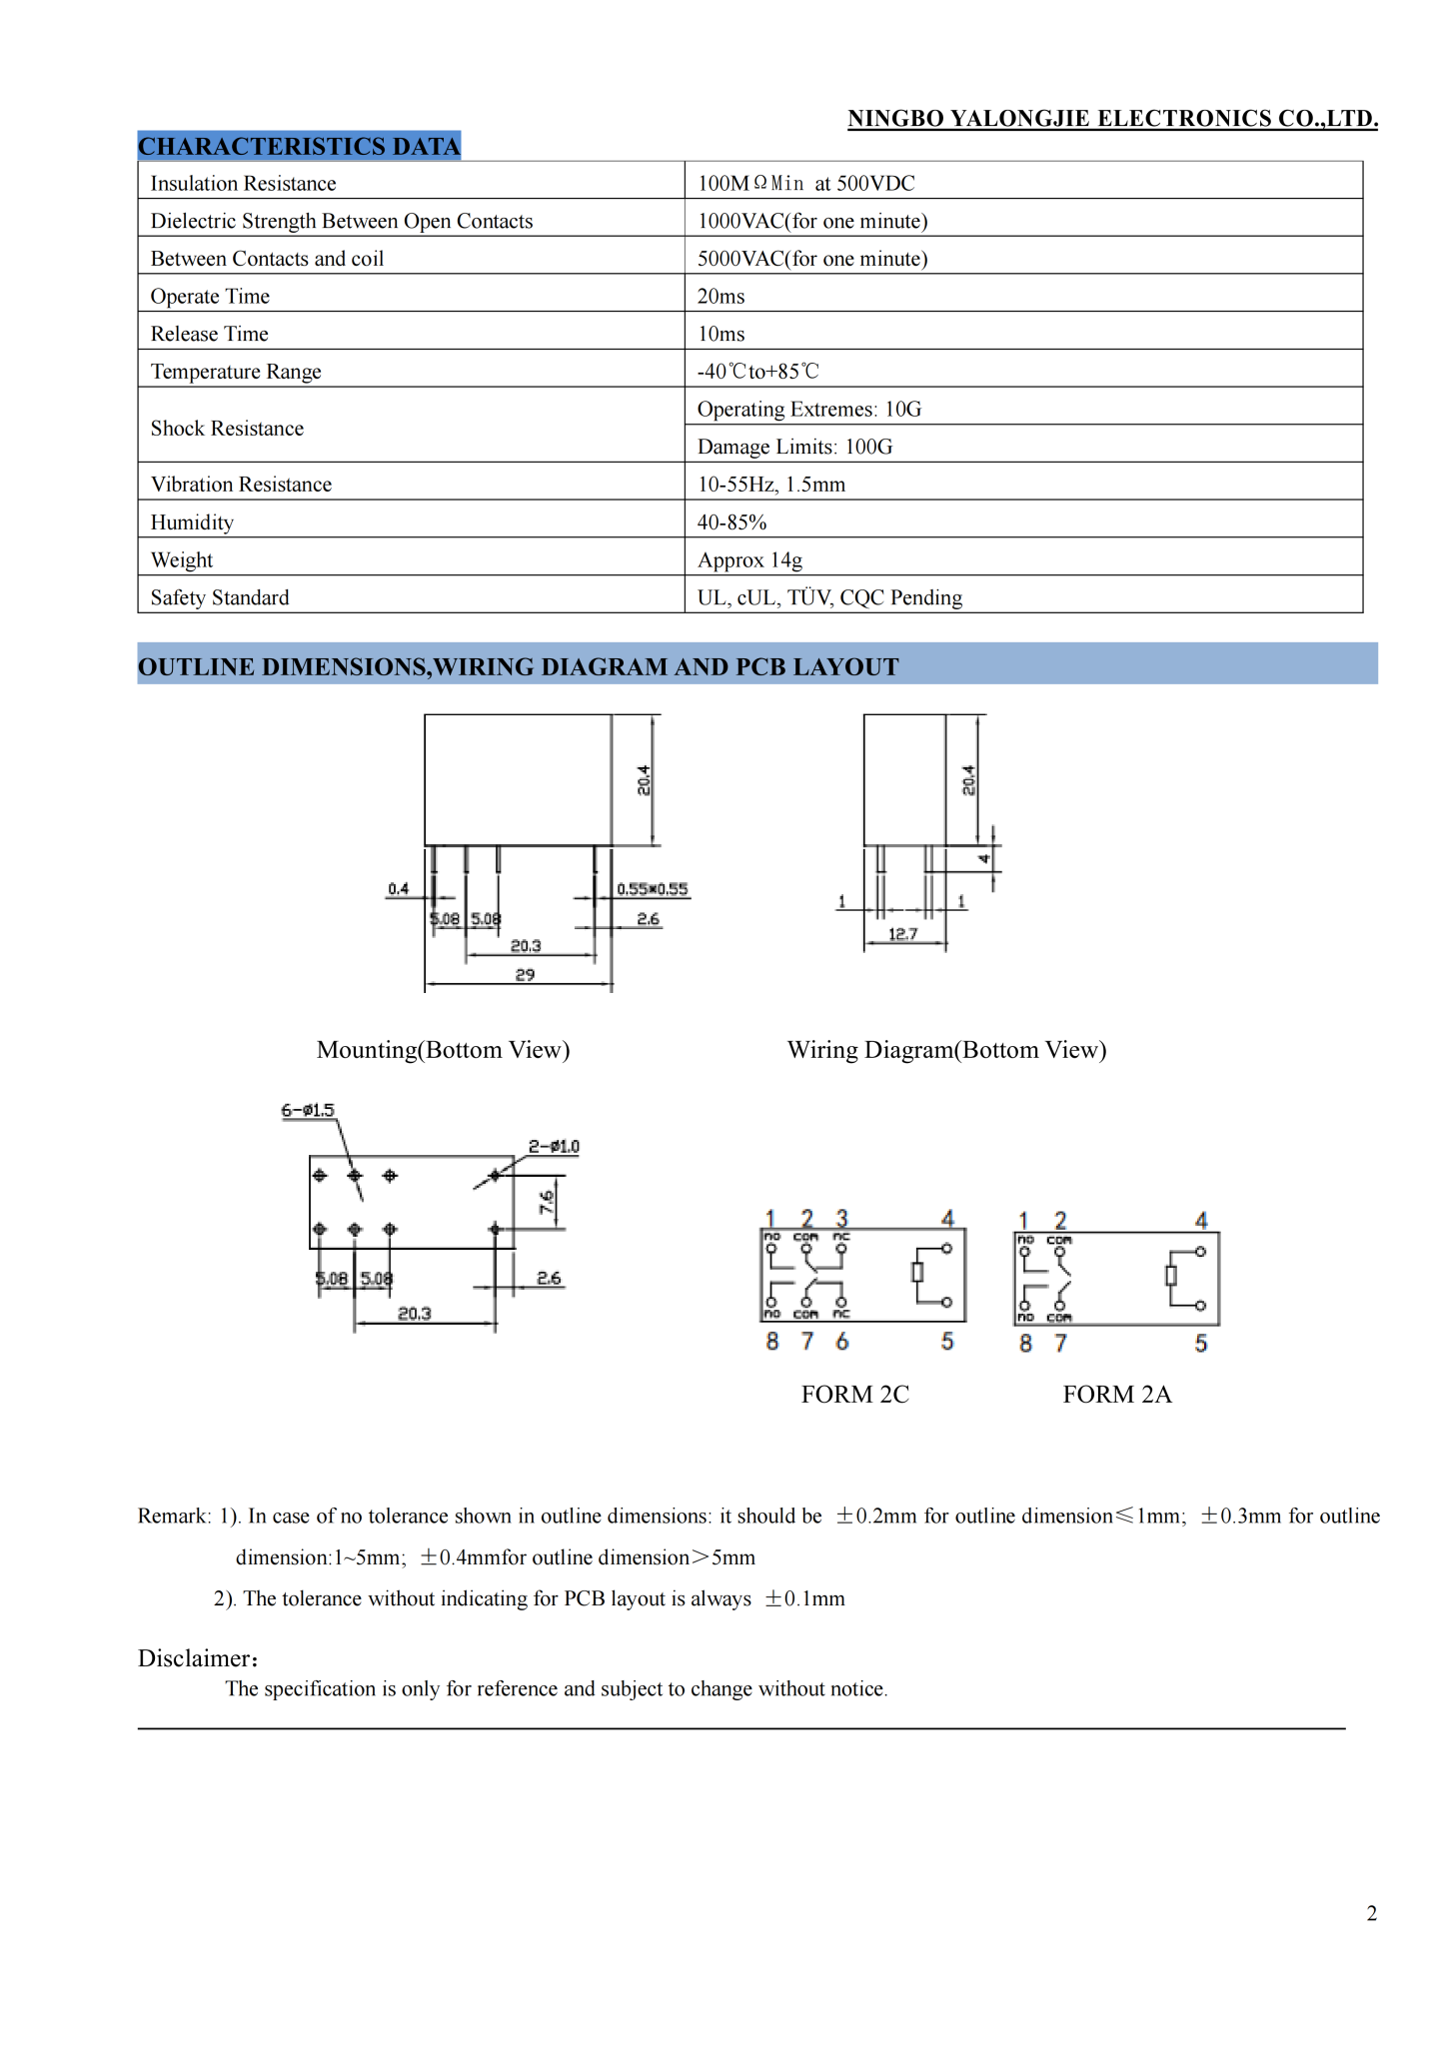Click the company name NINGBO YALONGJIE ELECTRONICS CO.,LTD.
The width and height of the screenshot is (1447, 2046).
coord(1112,119)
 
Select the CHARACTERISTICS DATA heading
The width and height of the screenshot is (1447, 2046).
coord(299,146)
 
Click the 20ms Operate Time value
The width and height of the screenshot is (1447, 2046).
coord(721,297)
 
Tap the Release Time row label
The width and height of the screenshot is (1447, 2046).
coord(210,334)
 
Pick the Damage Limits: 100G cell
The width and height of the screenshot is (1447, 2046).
coord(794,447)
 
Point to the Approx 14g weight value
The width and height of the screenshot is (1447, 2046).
coord(749,559)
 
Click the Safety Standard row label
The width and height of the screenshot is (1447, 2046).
coord(220,597)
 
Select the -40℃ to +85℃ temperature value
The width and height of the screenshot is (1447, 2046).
coord(757,372)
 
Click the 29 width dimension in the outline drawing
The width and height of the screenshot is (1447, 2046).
coord(525,974)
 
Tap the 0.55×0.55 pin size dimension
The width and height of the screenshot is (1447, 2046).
coord(652,889)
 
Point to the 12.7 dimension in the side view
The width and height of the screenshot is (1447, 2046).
coord(902,934)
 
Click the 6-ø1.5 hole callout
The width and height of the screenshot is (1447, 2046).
coord(308,1110)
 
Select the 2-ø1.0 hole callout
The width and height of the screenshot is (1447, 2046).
coord(554,1146)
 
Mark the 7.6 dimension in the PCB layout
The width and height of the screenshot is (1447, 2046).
coord(547,1202)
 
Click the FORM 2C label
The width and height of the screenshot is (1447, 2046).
coord(855,1394)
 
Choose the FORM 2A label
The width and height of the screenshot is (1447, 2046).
coord(1116,1394)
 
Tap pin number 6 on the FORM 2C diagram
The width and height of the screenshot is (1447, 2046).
coord(842,1342)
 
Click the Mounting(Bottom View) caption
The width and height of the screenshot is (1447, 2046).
coord(443,1050)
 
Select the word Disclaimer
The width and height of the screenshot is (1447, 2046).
coord(197,1658)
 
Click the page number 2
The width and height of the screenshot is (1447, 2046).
coord(1372,1913)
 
